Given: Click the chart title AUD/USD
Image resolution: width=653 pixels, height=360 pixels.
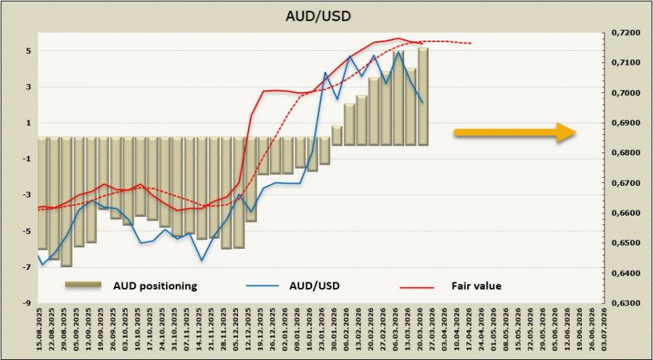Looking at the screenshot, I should point(326,14).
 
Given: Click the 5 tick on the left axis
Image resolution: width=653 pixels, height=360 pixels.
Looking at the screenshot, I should point(27,52).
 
